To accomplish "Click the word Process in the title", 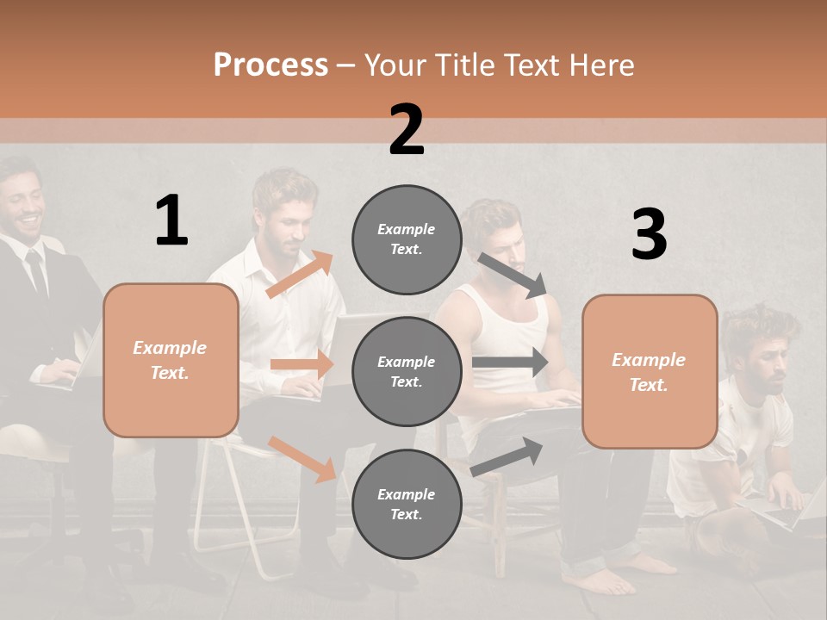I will tap(270, 65).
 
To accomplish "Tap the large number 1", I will tap(171, 220).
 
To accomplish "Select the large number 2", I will tap(407, 130).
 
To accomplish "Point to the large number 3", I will tap(649, 235).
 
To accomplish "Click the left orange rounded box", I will tap(171, 360).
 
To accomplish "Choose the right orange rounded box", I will tap(650, 372).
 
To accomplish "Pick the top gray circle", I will tap(407, 239).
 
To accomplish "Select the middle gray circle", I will tap(407, 372).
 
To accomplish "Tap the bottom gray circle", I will tap(407, 505).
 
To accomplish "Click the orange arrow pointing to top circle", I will tap(300, 274).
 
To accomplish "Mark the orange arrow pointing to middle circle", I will tap(302, 364).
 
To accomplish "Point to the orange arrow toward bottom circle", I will tap(302, 459).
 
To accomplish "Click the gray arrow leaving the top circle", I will tap(513, 275).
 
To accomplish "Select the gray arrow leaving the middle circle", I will tap(510, 363).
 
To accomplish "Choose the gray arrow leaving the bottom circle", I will tap(507, 456).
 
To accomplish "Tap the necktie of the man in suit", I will tap(36, 274).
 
